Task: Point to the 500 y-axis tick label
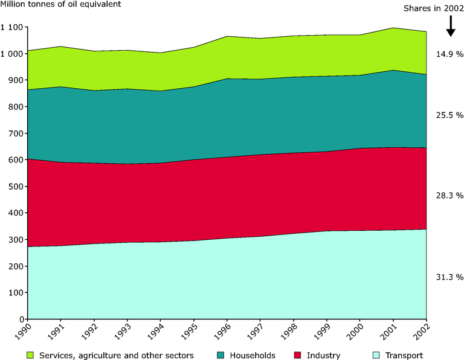click(x=15, y=187)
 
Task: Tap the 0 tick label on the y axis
click(x=21, y=320)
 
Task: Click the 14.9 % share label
click(x=449, y=54)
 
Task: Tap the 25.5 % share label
click(x=449, y=115)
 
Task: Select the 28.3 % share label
click(x=449, y=196)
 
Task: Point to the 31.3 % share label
click(x=449, y=277)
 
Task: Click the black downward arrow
click(x=450, y=27)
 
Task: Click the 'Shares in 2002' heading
click(x=433, y=8)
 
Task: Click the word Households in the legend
click(x=253, y=356)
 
